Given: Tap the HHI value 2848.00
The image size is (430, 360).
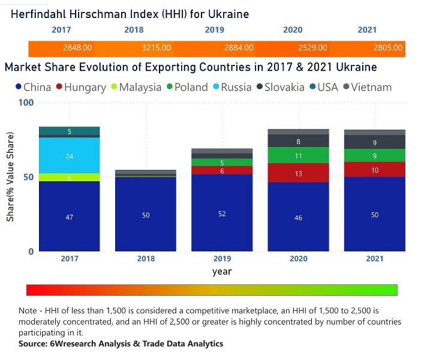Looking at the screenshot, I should pyautogui.click(x=77, y=47).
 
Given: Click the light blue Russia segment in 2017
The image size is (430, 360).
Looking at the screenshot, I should pyautogui.click(x=70, y=156).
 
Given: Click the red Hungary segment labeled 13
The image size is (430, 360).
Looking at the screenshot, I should pyautogui.click(x=298, y=173).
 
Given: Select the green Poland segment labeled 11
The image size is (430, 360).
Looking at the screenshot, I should pyautogui.click(x=298, y=155).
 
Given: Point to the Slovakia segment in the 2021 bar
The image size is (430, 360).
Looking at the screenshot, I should pyautogui.click(x=375, y=142).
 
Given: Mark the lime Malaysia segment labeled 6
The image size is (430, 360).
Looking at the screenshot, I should pyautogui.click(x=70, y=178).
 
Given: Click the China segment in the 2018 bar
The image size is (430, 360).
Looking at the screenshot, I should pyautogui.click(x=146, y=214).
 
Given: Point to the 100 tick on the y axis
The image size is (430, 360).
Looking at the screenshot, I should pyautogui.click(x=27, y=103).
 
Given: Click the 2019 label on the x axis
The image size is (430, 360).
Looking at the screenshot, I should pyautogui.click(x=222, y=259).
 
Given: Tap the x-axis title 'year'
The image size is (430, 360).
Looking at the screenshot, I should pyautogui.click(x=222, y=271).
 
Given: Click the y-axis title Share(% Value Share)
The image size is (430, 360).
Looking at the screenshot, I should pyautogui.click(x=10, y=177).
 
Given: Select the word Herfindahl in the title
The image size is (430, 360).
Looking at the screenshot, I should pyautogui.click(x=41, y=13).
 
